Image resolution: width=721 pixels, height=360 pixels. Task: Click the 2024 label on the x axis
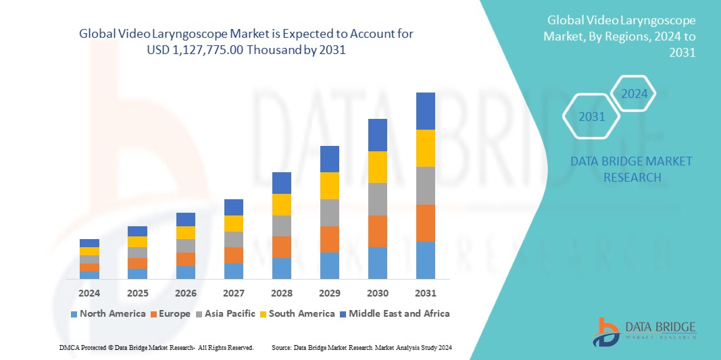(x=89, y=293)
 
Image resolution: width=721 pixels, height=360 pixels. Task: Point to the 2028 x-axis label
(x=282, y=293)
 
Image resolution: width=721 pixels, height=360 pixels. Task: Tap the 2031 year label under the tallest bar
(x=426, y=293)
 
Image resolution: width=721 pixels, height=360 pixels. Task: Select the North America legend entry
(x=107, y=313)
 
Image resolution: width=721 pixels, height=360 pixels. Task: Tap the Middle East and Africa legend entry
(x=396, y=313)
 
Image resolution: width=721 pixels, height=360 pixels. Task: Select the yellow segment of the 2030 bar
(x=378, y=167)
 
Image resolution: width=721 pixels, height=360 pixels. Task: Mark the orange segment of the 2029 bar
(x=330, y=239)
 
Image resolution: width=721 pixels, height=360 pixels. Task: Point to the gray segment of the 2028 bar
(x=282, y=226)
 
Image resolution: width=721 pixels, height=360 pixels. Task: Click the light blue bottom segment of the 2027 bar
(x=234, y=271)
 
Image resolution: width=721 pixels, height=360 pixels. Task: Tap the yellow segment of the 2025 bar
(x=138, y=242)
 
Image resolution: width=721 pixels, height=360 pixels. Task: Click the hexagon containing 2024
(x=634, y=94)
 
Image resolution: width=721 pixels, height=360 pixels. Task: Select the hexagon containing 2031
(x=592, y=117)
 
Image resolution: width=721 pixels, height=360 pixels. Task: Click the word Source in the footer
(x=281, y=347)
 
